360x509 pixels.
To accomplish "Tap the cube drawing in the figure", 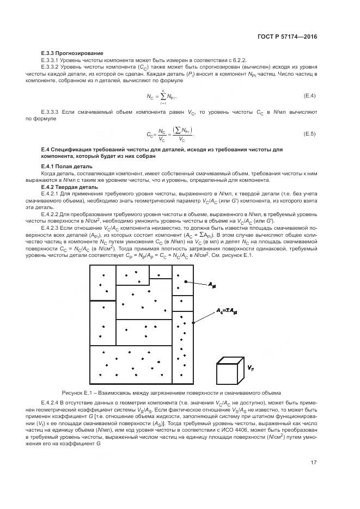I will [x=229, y=371].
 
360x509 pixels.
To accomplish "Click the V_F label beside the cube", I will [x=251, y=368].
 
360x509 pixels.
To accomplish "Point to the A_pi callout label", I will [x=212, y=284].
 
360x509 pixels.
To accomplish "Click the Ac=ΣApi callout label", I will [x=227, y=312].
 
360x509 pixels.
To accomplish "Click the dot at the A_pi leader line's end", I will [x=186, y=281].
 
